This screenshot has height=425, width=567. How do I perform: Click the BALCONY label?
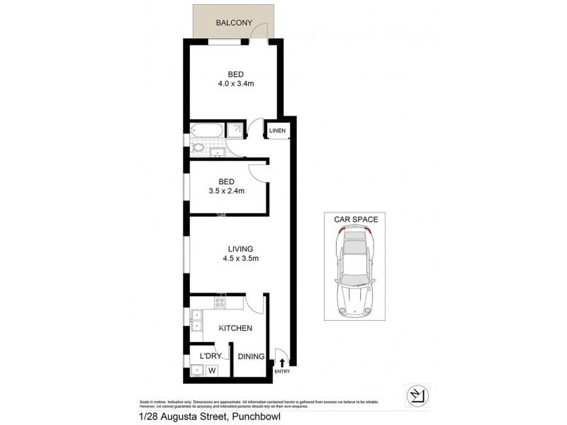point(235,23)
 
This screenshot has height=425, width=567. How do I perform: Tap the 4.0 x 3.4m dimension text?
point(237,84)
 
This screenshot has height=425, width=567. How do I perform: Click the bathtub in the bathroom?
point(206,130)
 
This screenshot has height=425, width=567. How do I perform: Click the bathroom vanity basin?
point(218,150)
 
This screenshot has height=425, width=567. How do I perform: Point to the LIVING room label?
point(241,249)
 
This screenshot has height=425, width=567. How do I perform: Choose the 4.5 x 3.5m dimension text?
point(241,259)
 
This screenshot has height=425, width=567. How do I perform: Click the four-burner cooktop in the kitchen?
point(220,303)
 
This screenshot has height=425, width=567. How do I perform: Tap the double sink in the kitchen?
point(195,321)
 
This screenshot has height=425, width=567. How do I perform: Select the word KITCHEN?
point(236,329)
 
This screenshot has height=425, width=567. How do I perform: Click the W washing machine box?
point(211,369)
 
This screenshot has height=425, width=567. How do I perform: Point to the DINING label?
point(250,357)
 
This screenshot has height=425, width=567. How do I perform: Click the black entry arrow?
point(282,363)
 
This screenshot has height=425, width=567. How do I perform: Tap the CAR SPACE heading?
point(356,220)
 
